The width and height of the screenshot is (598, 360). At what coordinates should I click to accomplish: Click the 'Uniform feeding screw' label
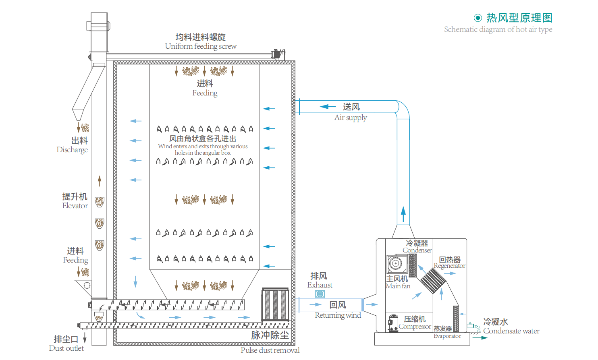click(201, 46)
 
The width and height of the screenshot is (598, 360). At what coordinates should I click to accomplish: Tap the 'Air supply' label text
click(351, 118)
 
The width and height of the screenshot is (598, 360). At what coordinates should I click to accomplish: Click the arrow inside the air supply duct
click(328, 107)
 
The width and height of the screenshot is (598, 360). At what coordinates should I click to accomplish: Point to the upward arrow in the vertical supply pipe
click(403, 214)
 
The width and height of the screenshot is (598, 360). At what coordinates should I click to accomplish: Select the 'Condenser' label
click(417, 250)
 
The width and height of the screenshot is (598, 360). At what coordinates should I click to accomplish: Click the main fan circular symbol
click(396, 264)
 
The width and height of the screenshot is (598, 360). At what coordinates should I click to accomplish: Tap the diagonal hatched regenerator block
click(432, 281)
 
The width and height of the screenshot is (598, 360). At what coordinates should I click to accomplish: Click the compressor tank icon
click(393, 323)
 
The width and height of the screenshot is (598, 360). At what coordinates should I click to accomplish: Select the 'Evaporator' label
click(447, 336)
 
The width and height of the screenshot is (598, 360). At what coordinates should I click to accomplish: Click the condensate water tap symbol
click(474, 327)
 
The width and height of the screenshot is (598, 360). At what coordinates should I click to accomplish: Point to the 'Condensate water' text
click(511, 331)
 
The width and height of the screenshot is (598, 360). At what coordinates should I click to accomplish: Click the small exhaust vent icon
click(320, 294)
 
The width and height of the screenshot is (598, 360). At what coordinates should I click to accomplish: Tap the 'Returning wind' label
click(338, 315)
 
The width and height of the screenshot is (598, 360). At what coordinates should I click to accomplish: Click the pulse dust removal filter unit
click(275, 304)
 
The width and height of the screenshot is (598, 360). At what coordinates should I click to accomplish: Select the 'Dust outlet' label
click(66, 348)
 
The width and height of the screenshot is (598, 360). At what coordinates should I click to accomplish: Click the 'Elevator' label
click(75, 206)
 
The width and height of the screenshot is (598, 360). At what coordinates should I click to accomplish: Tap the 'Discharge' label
click(72, 150)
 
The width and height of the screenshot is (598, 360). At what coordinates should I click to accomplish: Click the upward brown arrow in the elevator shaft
click(100, 181)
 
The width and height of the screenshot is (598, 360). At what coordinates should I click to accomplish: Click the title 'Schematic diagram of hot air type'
click(498, 29)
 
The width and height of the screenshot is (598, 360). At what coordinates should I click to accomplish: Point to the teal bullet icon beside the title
click(478, 18)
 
